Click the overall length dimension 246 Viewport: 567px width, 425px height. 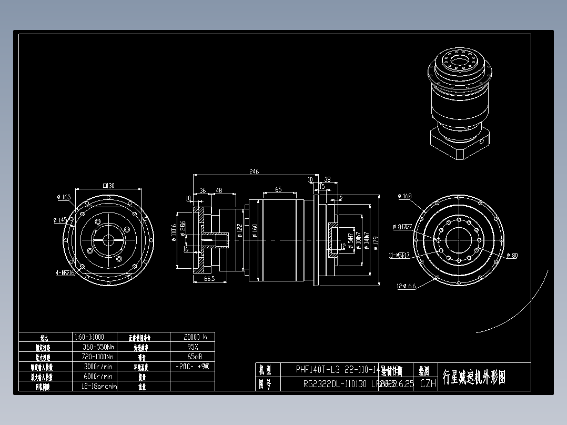(x=255, y=171)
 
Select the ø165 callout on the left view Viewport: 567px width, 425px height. (x=64, y=197)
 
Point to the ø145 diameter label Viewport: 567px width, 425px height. (x=61, y=220)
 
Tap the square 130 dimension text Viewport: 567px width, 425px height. (x=109, y=185)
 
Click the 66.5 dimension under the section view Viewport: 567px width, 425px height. (x=209, y=279)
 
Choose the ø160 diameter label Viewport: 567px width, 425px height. (x=255, y=231)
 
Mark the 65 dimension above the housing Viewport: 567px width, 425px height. (x=278, y=189)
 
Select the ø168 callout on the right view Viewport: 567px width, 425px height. (x=404, y=196)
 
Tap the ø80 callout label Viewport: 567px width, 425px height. (x=512, y=256)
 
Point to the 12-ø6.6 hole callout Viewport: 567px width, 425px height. (x=406, y=286)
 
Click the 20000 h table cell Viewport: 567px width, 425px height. (x=193, y=337)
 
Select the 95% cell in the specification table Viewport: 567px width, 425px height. (x=193, y=347)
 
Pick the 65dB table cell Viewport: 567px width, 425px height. (x=193, y=357)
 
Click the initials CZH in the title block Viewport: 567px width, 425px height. (x=428, y=384)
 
